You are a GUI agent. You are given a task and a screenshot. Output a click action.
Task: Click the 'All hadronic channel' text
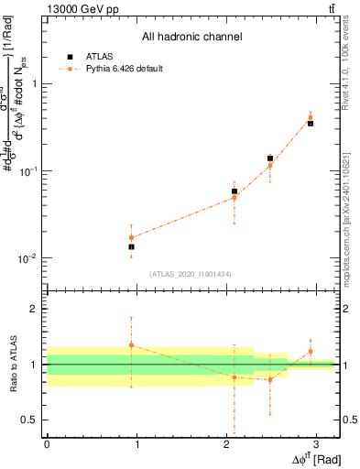191,37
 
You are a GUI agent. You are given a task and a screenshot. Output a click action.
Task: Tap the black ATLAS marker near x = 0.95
131,246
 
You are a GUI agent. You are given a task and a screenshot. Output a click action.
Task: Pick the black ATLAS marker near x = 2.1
235,191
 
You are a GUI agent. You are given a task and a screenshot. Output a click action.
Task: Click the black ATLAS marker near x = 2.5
270,158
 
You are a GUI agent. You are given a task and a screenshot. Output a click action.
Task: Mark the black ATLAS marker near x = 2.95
311,123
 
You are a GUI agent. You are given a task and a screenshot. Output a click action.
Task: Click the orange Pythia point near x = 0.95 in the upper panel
131,237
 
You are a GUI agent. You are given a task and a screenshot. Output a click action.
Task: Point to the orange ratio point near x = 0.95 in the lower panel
131,345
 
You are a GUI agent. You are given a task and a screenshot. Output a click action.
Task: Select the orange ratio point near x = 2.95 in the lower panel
311,351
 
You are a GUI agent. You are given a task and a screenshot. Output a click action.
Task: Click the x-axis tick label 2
225,442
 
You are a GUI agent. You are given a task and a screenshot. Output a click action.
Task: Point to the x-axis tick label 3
315,442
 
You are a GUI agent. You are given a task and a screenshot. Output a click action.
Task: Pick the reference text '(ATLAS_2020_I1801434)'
191,274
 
